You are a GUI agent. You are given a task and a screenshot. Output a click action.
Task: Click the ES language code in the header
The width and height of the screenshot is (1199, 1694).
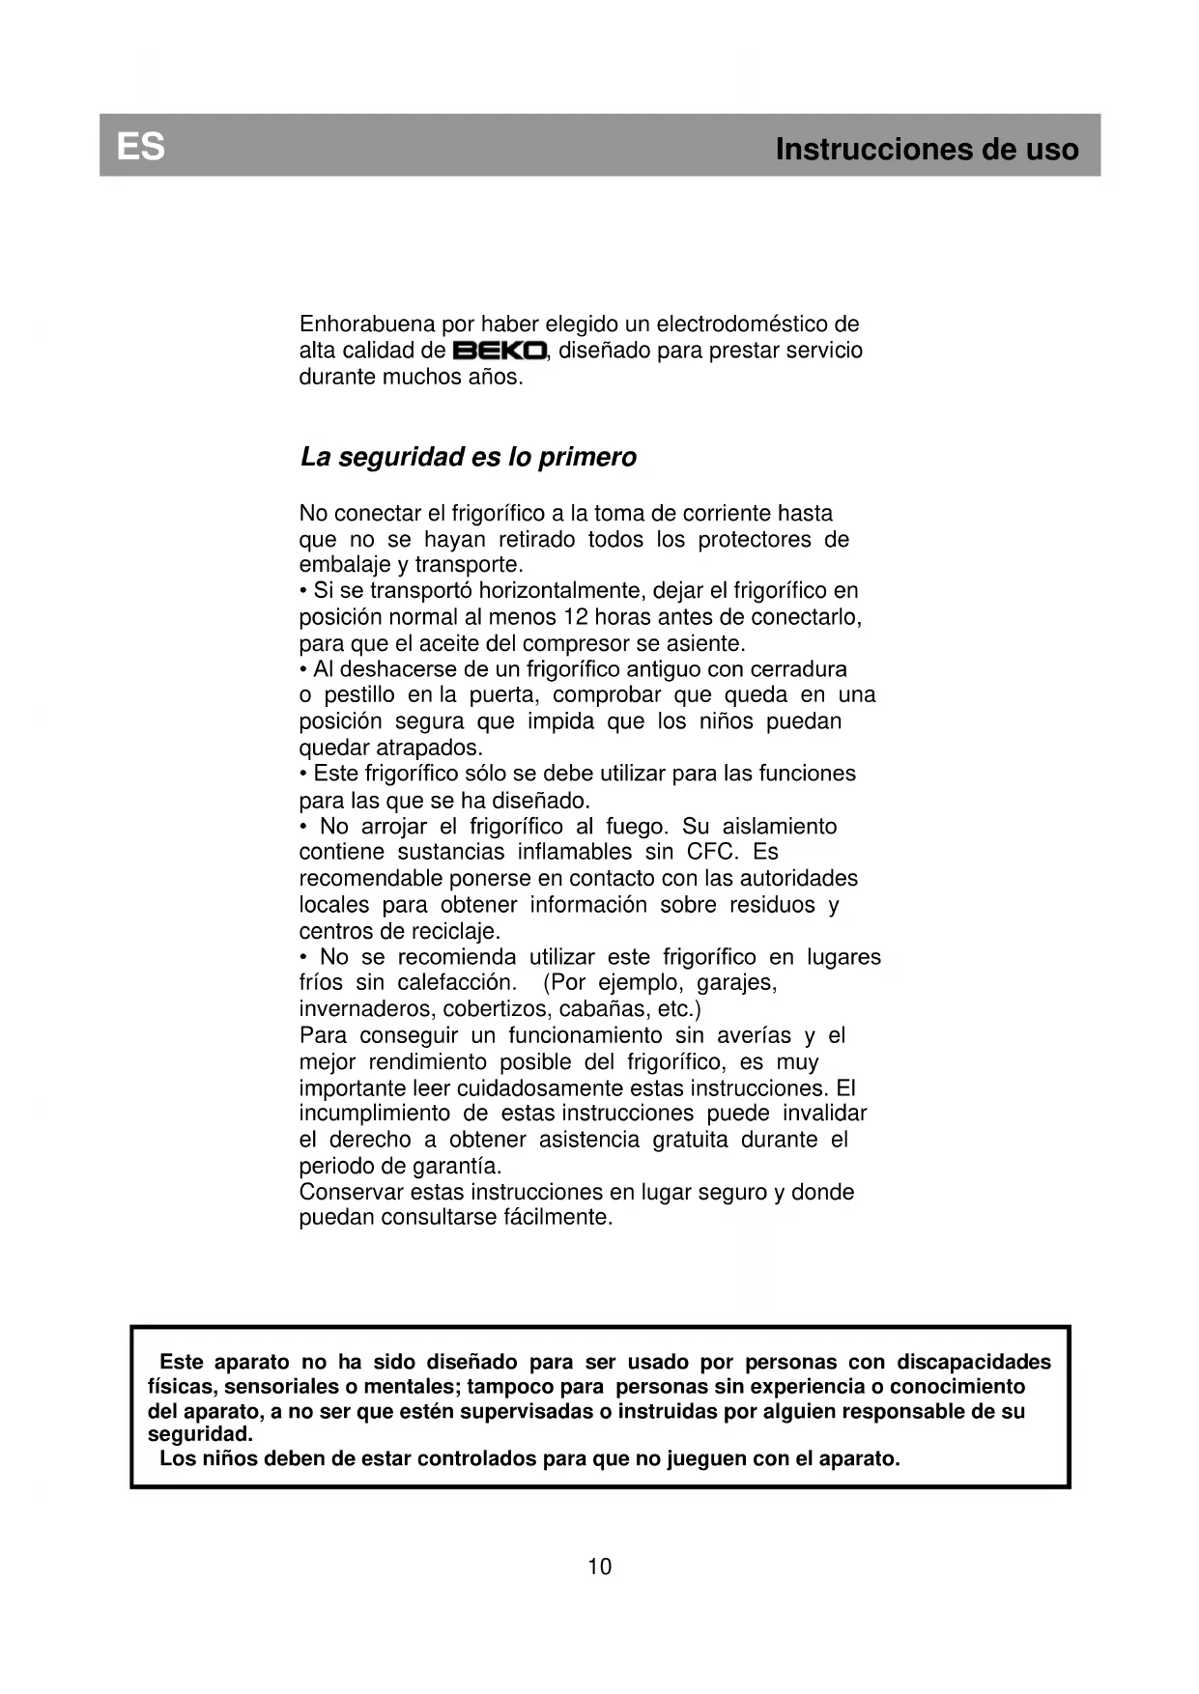coord(141,147)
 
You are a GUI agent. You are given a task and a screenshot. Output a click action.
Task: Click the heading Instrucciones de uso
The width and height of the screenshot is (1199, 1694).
coord(927,150)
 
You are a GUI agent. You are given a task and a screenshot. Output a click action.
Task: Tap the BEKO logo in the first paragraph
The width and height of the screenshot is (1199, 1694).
coord(500,351)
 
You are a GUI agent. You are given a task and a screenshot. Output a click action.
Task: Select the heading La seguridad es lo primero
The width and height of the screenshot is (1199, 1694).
coord(469,457)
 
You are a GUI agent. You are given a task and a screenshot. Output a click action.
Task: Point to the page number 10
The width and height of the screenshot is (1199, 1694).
coord(600,1567)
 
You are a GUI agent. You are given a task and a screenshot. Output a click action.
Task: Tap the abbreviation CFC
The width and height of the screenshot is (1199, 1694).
coord(711,852)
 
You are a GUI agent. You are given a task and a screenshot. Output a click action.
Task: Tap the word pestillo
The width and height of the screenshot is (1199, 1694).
coord(359,695)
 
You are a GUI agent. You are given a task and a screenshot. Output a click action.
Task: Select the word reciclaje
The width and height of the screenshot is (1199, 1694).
coord(455,932)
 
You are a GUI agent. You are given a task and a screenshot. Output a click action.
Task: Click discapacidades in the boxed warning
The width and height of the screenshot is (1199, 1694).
coord(974,1362)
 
